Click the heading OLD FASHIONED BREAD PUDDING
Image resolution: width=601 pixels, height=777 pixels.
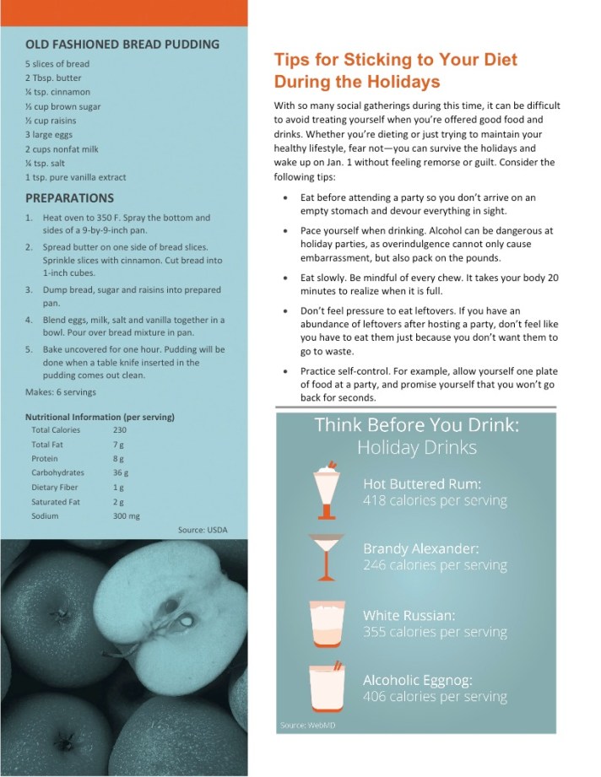(x=122, y=44)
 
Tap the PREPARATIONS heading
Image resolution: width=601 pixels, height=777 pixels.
(x=69, y=198)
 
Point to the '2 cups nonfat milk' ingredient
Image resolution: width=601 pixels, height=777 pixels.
(x=62, y=148)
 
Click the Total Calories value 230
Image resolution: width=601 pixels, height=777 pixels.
(x=120, y=430)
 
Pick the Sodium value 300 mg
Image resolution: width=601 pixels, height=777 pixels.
(x=126, y=515)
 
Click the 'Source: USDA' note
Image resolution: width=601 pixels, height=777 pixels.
(x=203, y=530)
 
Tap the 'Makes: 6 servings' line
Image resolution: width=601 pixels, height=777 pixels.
(x=61, y=392)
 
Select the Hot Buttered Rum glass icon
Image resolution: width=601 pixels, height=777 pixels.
(x=325, y=490)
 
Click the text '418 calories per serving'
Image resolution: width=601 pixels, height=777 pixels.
(x=435, y=500)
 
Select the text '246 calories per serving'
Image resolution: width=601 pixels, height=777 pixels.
(x=435, y=565)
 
